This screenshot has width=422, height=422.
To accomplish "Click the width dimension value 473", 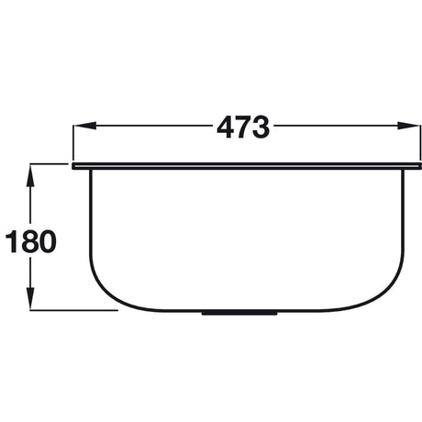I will [243, 128].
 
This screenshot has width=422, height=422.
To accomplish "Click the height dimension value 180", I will [31, 241].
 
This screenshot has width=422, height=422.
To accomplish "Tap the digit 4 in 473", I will [227, 128].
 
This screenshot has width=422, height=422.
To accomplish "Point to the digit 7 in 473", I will [243, 128].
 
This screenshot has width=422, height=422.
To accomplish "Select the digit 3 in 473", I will [260, 128].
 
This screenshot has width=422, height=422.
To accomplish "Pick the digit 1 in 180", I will [12, 241].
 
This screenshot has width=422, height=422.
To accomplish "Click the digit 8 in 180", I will [28, 241].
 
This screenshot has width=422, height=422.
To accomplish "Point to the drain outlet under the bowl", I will [239, 313].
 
